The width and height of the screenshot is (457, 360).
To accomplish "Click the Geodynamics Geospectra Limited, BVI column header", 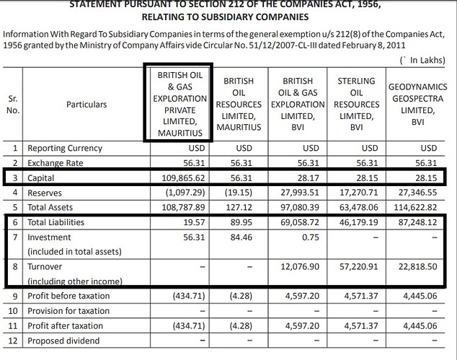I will tap(418, 104).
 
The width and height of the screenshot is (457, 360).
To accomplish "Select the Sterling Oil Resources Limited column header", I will tap(355, 104).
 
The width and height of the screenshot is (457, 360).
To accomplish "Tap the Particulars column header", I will tap(86, 105).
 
